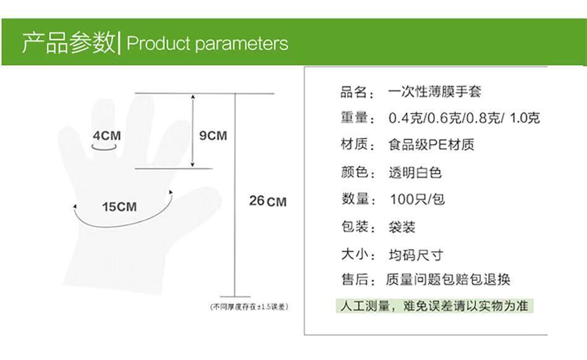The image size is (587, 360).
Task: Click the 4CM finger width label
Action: [107, 135]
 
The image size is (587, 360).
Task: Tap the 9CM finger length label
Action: [213, 135]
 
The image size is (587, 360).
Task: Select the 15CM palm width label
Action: [119, 207]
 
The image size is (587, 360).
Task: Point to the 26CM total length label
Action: [268, 201]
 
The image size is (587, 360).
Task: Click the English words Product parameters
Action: [208, 43]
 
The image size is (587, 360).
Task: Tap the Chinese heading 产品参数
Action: [69, 42]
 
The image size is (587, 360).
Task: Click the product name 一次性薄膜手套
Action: [434, 91]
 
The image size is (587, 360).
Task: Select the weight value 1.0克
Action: [525, 119]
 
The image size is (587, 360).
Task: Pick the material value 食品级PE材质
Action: [431, 144]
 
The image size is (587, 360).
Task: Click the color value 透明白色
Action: [415, 172]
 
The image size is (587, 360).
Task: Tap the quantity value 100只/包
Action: [417, 199]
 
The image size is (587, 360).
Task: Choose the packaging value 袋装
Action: [402, 227]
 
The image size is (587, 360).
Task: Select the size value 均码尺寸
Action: [416, 255]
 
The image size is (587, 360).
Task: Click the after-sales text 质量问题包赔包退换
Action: [448, 279]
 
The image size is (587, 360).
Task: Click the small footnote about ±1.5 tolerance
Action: [250, 307]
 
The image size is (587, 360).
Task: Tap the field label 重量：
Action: [358, 119]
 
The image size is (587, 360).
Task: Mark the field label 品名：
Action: [358, 92]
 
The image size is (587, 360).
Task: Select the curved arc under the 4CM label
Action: [104, 149]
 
